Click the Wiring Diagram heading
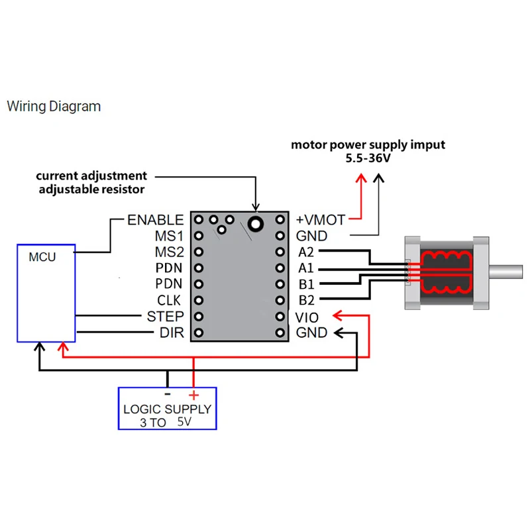click(54, 107)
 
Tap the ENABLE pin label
click(156, 220)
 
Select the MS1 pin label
click(170, 236)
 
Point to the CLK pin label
click(169, 300)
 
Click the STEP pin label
click(165, 317)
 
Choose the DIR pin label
click(172, 333)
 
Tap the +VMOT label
click(321, 220)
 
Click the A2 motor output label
click(306, 252)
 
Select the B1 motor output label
click(306, 284)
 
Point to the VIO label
click(307, 318)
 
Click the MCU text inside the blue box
click(42, 257)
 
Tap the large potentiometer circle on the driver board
click(256, 223)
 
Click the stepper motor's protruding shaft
click(505, 272)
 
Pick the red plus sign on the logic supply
click(193, 395)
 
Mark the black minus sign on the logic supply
click(168, 394)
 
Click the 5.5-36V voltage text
click(368, 158)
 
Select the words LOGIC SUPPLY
click(168, 409)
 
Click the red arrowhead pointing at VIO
click(338, 316)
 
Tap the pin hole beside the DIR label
click(199, 333)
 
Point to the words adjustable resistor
click(91, 189)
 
